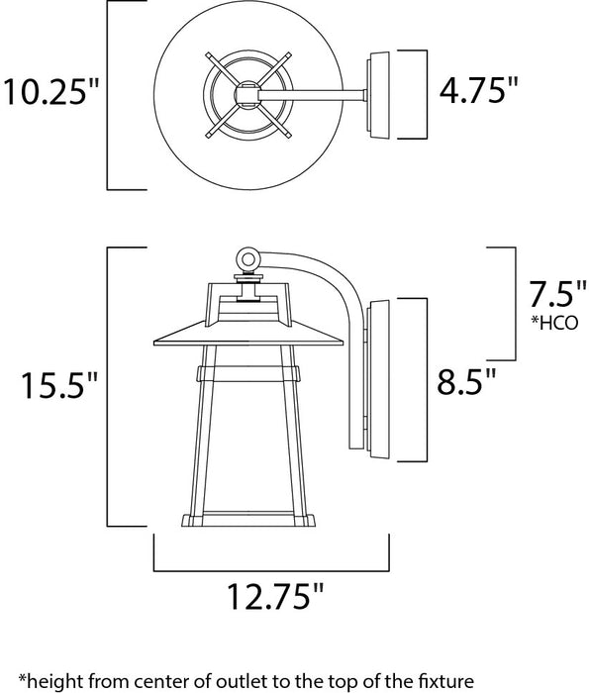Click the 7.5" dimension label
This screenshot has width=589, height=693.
[547, 294]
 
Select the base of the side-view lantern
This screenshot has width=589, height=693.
[248, 520]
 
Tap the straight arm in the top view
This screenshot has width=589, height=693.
[317, 96]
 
